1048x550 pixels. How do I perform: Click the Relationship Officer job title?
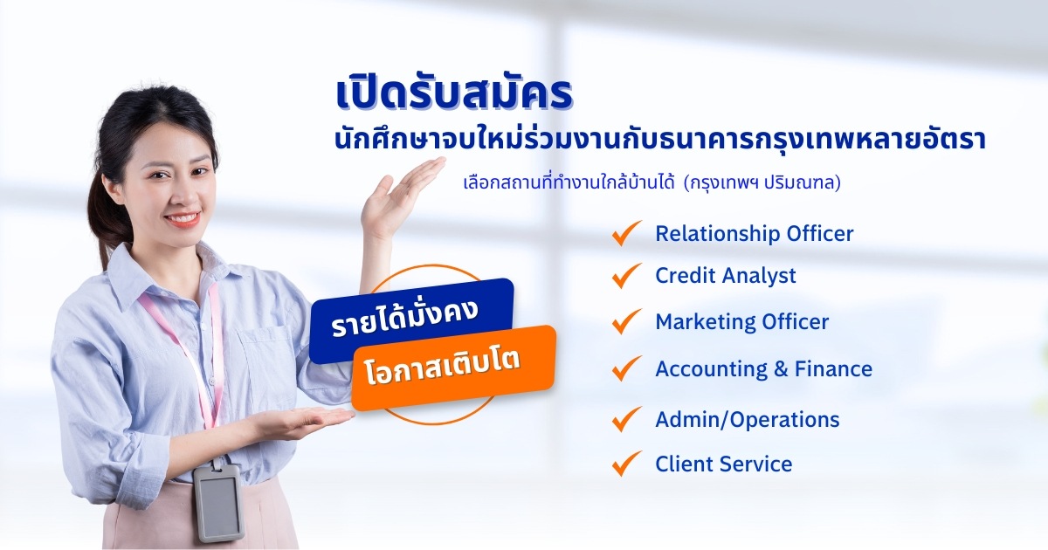[x=755, y=234]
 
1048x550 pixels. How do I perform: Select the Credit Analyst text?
[x=725, y=276]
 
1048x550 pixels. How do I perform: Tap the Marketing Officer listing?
[x=742, y=322]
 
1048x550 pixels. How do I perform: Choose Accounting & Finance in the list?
[x=763, y=369]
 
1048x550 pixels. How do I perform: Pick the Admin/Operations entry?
[x=748, y=420]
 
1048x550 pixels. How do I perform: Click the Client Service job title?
[x=724, y=464]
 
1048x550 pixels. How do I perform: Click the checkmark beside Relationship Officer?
[x=627, y=232]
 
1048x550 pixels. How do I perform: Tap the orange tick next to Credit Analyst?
[x=627, y=275]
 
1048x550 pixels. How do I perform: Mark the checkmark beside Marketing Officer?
[x=627, y=321]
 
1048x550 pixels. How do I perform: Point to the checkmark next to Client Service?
[x=627, y=463]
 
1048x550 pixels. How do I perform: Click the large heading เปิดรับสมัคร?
[x=454, y=94]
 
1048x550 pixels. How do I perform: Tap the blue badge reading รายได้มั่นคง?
[x=411, y=321]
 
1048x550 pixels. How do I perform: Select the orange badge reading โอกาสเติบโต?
[x=453, y=368]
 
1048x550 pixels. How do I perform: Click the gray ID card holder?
[x=218, y=503]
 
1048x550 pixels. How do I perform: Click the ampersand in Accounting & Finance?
[x=781, y=369]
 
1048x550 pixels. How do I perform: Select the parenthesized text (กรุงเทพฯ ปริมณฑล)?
[x=762, y=182]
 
